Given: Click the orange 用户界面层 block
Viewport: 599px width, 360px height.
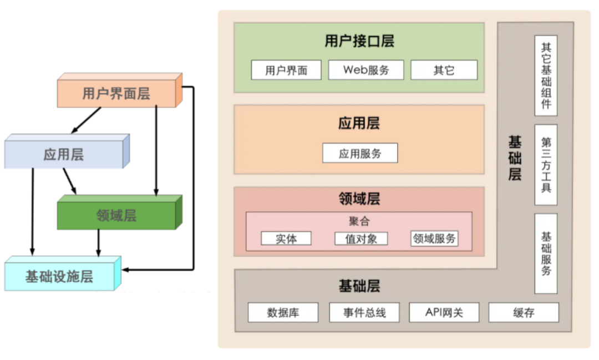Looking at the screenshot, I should point(116,93).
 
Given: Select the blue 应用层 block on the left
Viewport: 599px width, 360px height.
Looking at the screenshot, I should point(64,154).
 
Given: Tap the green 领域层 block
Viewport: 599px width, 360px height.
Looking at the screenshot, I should point(116,215).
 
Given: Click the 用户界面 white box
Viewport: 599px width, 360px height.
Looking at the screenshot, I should point(286,70).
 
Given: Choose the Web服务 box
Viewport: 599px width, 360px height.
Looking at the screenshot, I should point(366,70).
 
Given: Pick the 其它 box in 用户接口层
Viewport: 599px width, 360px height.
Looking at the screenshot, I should point(444,70).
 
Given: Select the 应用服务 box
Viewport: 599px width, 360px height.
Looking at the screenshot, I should point(360,153).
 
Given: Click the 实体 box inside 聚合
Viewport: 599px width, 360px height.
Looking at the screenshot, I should point(286,239).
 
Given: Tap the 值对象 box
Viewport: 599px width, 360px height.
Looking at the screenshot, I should point(361,239).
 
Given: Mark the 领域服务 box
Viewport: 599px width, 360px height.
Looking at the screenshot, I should point(434,239).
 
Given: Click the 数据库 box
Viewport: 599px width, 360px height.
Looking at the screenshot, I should point(283,312).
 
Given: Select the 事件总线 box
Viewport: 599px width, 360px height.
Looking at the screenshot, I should point(364,312).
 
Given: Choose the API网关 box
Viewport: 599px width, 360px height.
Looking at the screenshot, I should point(444,312).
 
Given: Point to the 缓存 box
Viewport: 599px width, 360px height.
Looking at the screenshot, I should point(524,312).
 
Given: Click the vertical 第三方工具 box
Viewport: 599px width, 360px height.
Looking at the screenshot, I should point(546,165).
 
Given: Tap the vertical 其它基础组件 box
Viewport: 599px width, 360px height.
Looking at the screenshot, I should point(546,75).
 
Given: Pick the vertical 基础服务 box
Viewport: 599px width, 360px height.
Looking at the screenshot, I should point(546,253).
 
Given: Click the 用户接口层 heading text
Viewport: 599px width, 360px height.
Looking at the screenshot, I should point(359,41).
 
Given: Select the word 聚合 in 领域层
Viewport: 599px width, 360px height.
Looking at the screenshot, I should point(359,221).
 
